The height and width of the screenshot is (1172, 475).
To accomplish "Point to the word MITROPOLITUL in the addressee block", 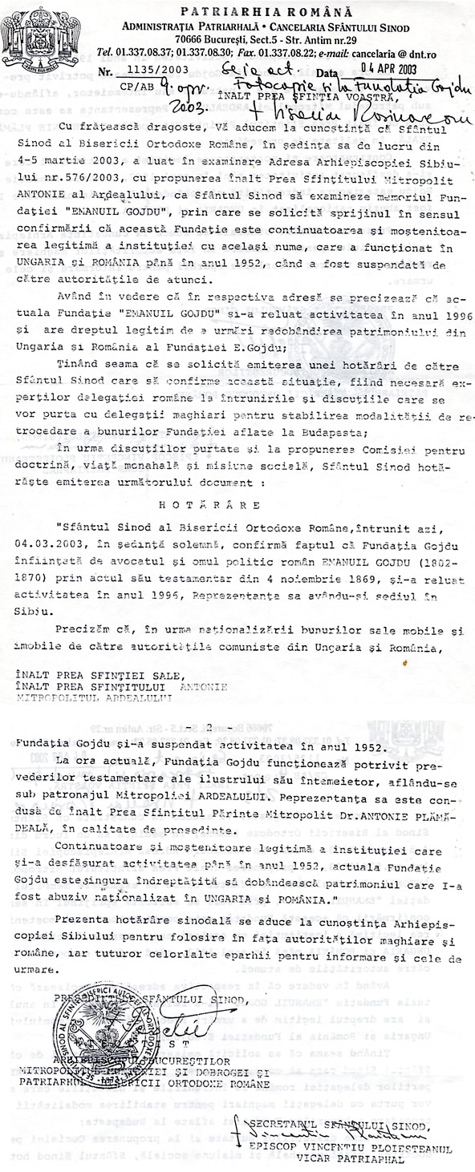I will click(x=59, y=699).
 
